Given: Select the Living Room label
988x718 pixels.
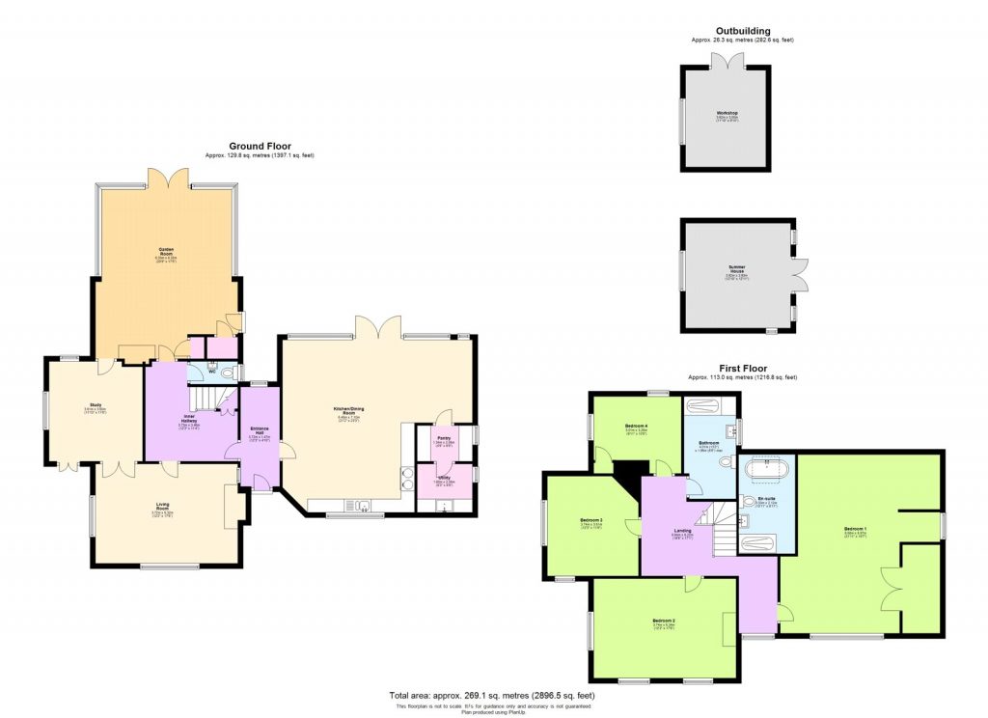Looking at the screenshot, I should [x=163, y=504].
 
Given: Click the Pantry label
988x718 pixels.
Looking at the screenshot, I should [x=444, y=439].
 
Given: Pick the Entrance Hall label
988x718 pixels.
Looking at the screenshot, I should [x=259, y=432].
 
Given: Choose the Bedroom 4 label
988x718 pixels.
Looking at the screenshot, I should [x=636, y=426].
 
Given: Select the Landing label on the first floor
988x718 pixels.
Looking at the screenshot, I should [x=682, y=531].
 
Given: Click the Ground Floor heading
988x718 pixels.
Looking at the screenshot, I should [x=260, y=147].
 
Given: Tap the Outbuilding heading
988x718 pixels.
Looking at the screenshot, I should [x=742, y=31].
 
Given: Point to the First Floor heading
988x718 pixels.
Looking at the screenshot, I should [x=742, y=369].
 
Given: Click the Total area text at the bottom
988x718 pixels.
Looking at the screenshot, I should [x=493, y=695].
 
